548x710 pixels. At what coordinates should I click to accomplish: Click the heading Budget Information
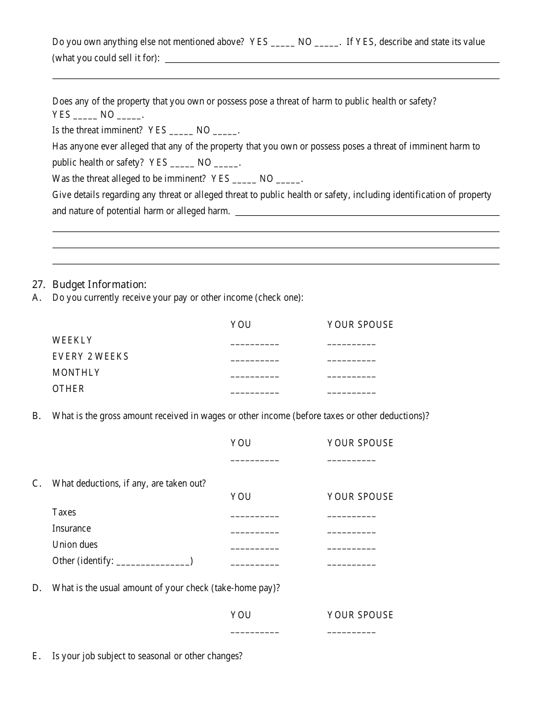click(x=99, y=284)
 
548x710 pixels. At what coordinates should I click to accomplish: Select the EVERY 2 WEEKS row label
click(x=91, y=356)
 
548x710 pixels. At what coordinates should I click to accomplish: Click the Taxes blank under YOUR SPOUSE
click(x=351, y=515)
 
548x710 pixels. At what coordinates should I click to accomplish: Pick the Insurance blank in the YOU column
click(x=254, y=531)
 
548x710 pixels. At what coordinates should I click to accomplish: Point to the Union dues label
click(x=75, y=544)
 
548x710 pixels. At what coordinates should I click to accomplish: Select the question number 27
click(x=38, y=284)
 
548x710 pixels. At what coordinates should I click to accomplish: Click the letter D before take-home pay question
click(x=36, y=588)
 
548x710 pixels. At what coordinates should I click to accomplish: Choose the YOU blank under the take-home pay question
click(x=254, y=631)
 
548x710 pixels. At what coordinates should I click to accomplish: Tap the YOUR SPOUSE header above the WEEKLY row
click(x=360, y=324)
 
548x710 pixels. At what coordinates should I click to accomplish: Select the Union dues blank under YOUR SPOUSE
click(x=351, y=547)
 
